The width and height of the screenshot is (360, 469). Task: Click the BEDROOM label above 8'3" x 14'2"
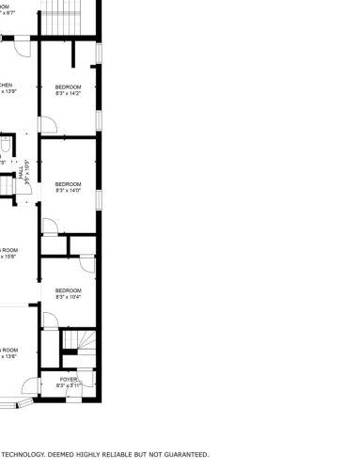(69, 86)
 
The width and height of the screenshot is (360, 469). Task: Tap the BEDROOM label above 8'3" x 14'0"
(69, 183)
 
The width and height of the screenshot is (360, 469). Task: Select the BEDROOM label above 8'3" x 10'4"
(69, 289)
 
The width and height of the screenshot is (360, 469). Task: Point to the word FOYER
(69, 379)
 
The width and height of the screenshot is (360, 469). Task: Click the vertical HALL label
(20, 173)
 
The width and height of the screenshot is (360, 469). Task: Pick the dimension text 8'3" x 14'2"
(69, 93)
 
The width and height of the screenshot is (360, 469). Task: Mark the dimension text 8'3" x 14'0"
(69, 190)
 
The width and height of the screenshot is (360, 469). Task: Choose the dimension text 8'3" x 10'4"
(69, 296)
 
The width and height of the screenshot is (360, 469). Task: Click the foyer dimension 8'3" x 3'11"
(69, 385)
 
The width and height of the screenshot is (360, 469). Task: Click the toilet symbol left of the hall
(5, 144)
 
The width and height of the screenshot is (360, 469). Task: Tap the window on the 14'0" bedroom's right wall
(98, 201)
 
